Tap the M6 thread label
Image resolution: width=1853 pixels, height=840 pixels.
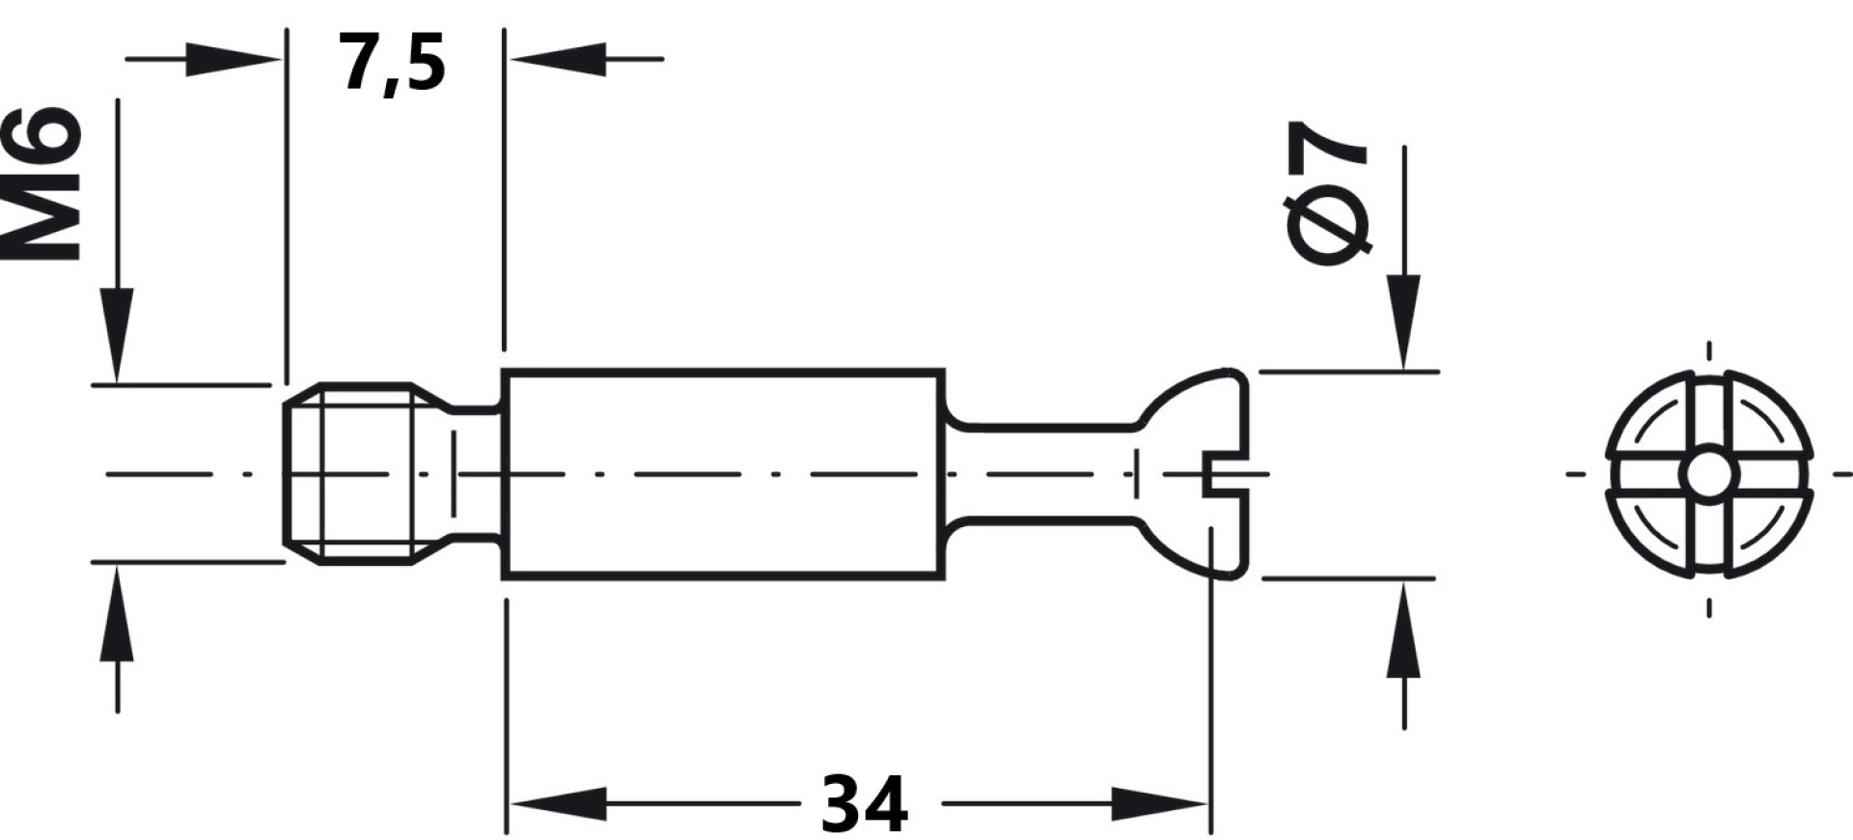click(41, 183)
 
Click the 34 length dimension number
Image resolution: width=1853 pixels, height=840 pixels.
click(864, 803)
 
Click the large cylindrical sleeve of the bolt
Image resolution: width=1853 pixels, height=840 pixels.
click(723, 474)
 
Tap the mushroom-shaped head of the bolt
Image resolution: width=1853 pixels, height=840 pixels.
click(1193, 474)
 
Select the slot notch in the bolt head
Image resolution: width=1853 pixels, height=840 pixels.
click(1226, 474)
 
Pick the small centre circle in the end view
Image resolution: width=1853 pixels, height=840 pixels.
click(1709, 474)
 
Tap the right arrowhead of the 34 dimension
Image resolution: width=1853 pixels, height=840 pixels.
click(1160, 803)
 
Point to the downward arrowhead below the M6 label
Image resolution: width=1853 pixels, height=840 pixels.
click(117, 334)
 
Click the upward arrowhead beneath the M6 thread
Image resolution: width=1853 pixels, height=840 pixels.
click(117, 613)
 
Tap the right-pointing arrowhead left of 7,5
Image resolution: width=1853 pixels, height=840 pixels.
click(233, 59)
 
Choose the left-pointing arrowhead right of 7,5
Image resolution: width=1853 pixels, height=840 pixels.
click(559, 59)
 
